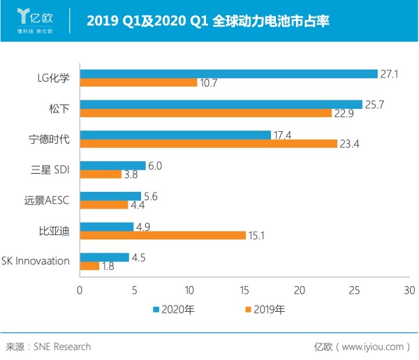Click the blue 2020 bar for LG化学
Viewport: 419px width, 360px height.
coord(228,73)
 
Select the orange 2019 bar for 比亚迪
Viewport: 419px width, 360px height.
coord(163,235)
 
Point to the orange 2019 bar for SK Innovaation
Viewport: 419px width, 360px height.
coord(89,266)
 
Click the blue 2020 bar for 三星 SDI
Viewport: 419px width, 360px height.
coord(112,165)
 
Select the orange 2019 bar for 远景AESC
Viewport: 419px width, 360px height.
coord(104,204)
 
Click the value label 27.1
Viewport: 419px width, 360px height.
coord(388,73)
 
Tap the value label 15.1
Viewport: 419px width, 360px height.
coord(257,236)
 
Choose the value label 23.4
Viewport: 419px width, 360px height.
coord(348,144)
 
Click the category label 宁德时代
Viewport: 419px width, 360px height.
coord(51,139)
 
